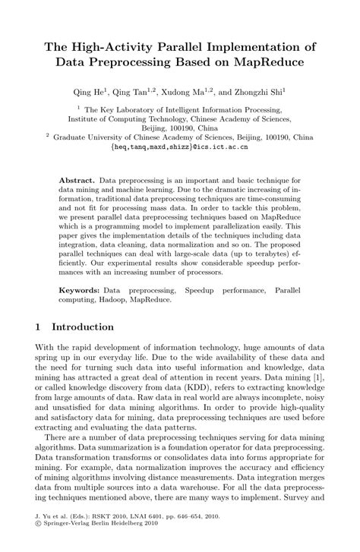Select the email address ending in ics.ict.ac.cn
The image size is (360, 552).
coord(179,147)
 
